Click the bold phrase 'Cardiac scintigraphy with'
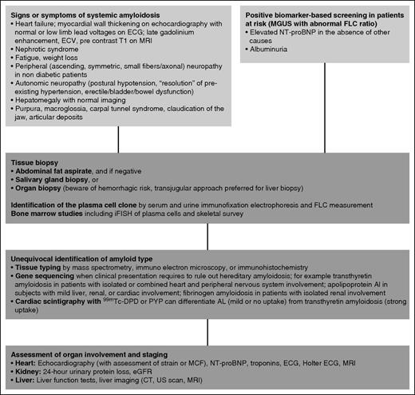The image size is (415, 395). pos(63,319)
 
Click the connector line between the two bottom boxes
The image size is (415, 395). pos(207,336)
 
